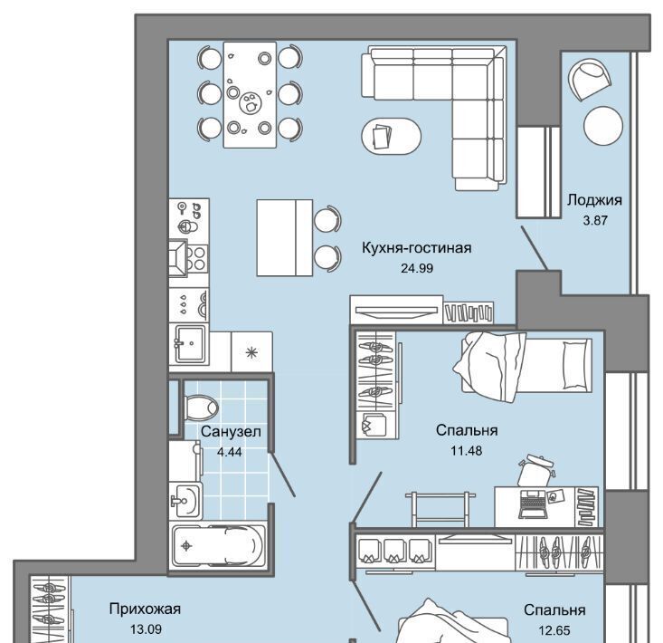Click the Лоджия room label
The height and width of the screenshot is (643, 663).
pyautogui.click(x=594, y=200)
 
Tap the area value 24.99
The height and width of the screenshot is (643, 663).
pyautogui.click(x=417, y=268)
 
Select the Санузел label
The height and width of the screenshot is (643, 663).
pyautogui.click(x=231, y=432)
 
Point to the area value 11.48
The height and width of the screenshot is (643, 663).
pyautogui.click(x=466, y=451)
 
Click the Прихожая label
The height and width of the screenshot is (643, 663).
pyautogui.click(x=145, y=609)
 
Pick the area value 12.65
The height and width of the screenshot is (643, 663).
pyautogui.click(x=554, y=630)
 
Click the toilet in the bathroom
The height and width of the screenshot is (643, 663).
pyautogui.click(x=201, y=408)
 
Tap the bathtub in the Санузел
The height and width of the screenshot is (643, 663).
pyautogui.click(x=219, y=546)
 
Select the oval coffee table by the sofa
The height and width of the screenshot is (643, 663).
pyautogui.click(x=391, y=137)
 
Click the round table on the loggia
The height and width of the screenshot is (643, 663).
pyautogui.click(x=603, y=126)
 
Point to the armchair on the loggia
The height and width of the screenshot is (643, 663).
pyautogui.click(x=590, y=80)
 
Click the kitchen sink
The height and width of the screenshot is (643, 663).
pyautogui.click(x=190, y=343)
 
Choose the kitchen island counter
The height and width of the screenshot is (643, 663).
pyautogui.click(x=285, y=237)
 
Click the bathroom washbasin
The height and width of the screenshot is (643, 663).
pyautogui.click(x=185, y=501)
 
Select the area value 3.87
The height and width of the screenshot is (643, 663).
pyautogui.click(x=595, y=221)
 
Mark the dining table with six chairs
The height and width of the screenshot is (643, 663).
pyautogui.click(x=250, y=94)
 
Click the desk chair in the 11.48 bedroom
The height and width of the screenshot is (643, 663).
pyautogui.click(x=535, y=470)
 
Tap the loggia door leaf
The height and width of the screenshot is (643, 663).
pyautogui.click(x=535, y=247)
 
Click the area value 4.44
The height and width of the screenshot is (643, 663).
pyautogui.click(x=229, y=452)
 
